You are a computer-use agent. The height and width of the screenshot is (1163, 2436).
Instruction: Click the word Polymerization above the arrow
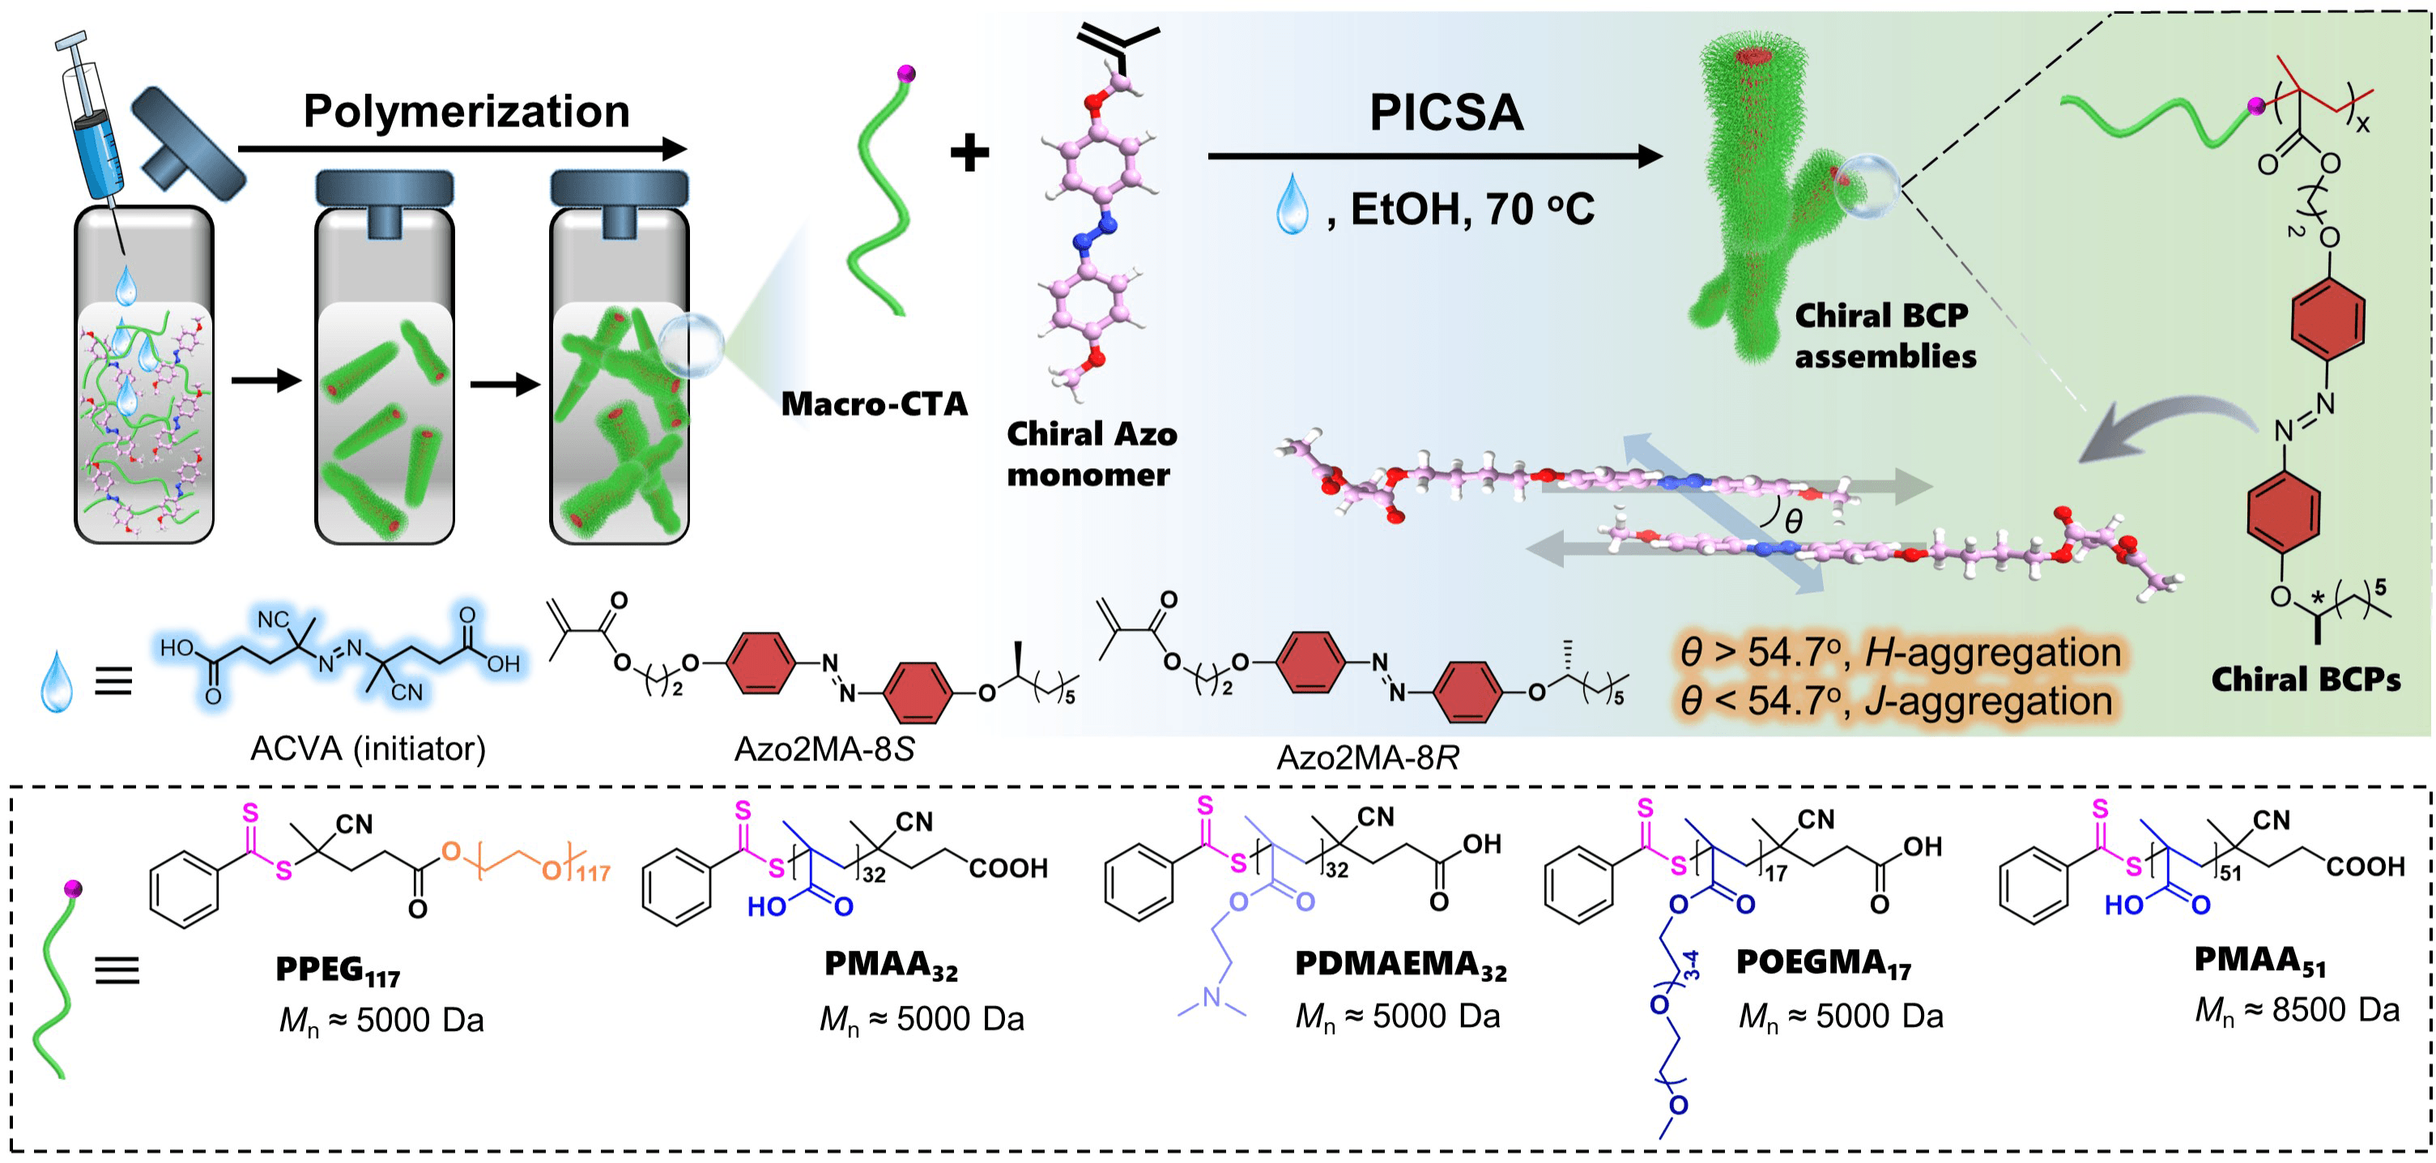[466, 112]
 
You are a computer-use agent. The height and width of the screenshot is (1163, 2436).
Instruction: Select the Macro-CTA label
[874, 404]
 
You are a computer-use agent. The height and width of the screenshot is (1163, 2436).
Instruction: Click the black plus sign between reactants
[969, 152]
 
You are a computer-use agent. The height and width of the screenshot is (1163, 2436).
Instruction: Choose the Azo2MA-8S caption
[824, 750]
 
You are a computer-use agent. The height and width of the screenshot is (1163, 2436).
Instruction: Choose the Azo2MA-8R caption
[1367, 757]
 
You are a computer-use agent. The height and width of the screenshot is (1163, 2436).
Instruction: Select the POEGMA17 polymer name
[1823, 964]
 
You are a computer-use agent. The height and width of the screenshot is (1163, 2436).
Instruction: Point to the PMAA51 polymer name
[2259, 961]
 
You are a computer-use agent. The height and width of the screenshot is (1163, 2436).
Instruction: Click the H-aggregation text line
[1900, 653]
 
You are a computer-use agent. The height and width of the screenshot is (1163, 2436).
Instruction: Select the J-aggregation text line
[1896, 701]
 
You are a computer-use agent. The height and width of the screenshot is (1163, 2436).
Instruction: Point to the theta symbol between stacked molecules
[1792, 520]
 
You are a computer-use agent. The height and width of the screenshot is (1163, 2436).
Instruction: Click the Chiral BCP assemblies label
[1884, 335]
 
